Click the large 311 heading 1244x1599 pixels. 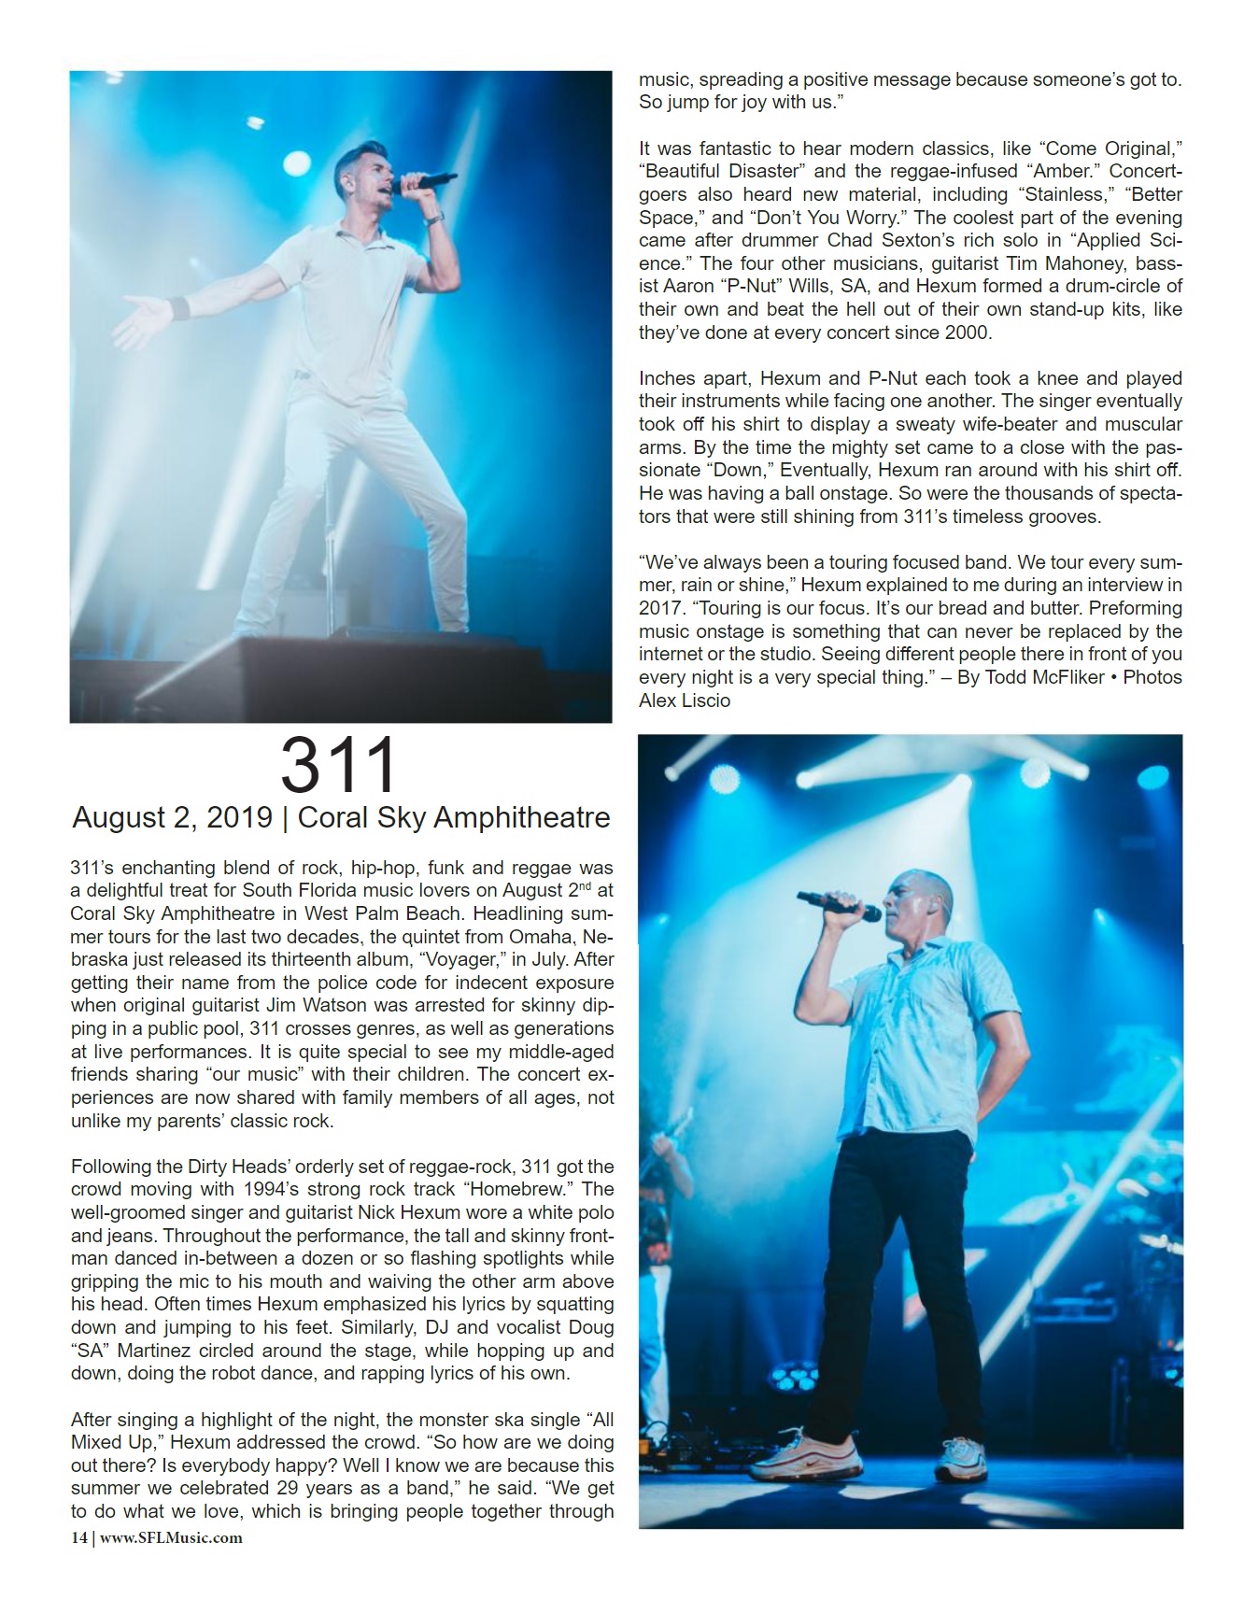pos(339,766)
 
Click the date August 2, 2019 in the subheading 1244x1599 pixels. pos(172,818)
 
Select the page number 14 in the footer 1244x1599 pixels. pos(78,1537)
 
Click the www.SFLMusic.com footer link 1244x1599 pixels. pos(171,1537)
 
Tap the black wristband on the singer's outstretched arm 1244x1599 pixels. pos(179,308)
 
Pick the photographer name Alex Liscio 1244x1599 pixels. pos(685,700)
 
